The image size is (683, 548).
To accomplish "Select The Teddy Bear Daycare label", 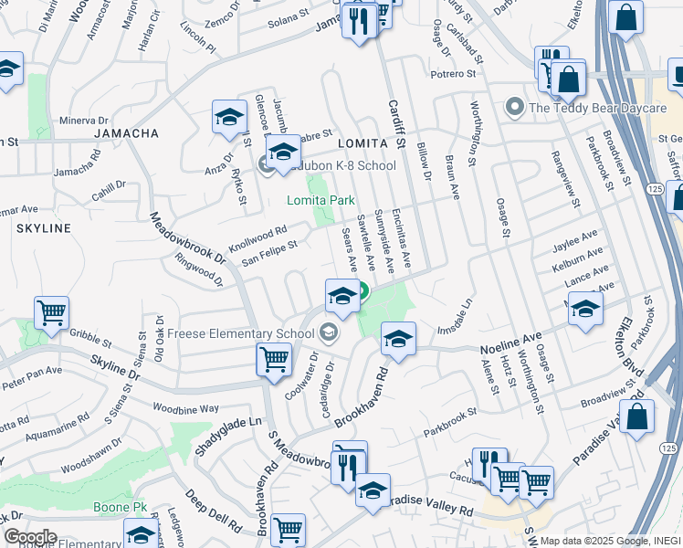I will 597,108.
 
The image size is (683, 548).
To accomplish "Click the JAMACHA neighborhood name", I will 126,133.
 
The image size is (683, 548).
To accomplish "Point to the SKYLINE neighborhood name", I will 37,227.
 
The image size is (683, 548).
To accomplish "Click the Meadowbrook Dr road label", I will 187,239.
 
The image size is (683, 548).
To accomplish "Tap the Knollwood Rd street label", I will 257,238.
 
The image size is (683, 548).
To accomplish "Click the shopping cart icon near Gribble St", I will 52,312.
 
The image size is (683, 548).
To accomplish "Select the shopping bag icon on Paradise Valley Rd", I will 639,416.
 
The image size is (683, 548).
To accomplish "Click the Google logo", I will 30,536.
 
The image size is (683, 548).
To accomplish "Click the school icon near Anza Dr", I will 229,117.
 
